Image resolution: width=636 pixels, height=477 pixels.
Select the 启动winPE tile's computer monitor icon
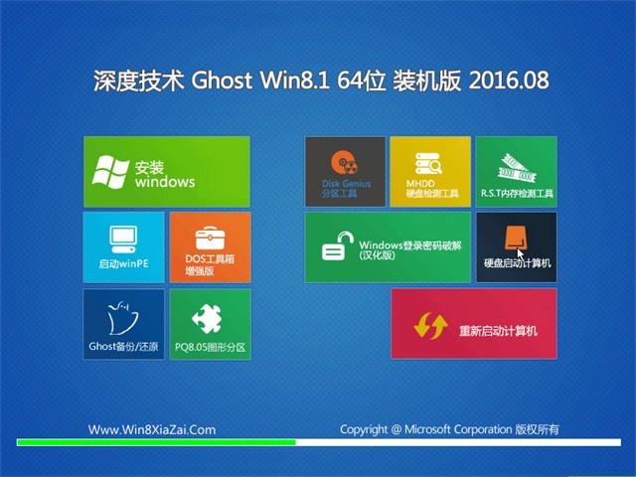(123, 239)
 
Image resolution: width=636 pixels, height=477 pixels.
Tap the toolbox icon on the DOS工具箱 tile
(210, 238)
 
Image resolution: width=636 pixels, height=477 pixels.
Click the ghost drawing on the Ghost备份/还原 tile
(121, 318)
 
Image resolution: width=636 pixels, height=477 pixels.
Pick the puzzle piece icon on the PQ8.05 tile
(208, 318)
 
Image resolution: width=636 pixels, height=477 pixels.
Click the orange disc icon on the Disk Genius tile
(344, 163)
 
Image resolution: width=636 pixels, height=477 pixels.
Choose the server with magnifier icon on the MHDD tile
(428, 163)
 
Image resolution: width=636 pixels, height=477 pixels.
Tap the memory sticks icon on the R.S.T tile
(517, 168)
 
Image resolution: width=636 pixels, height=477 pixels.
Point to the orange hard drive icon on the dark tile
(516, 238)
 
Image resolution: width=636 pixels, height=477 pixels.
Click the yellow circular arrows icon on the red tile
(430, 326)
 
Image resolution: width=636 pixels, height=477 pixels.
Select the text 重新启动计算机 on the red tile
(498, 331)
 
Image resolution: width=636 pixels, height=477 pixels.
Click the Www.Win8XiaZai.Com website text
(152, 429)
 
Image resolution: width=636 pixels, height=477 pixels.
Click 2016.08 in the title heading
(509, 79)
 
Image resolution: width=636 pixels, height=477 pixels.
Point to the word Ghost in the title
(222, 79)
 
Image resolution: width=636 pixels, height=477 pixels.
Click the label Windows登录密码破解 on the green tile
(410, 245)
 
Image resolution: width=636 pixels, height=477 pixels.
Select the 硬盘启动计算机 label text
(517, 263)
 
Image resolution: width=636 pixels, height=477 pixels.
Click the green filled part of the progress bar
(157, 442)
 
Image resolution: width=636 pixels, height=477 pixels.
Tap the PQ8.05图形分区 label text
(210, 347)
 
